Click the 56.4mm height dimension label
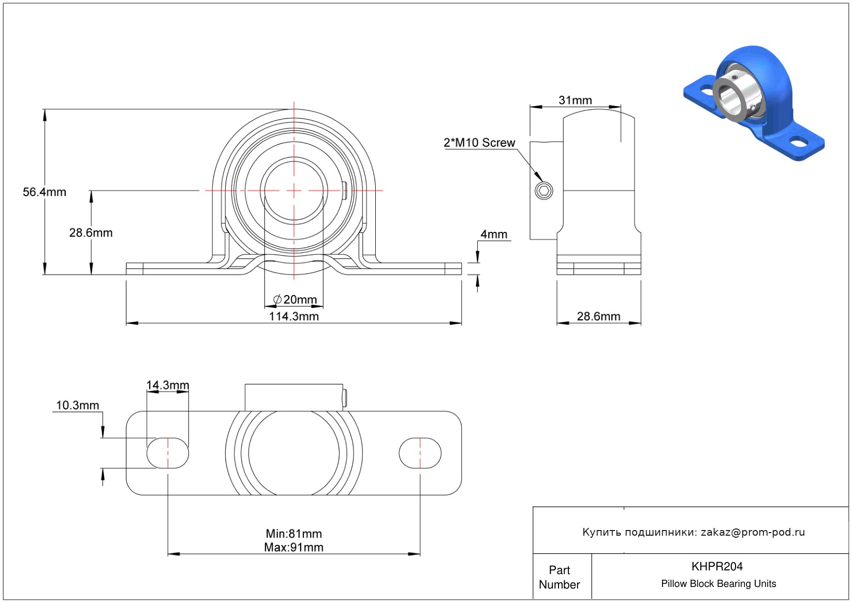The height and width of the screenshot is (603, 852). coord(45,192)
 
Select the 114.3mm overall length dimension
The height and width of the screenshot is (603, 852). coord(293,316)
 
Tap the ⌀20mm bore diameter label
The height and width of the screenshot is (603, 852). coord(295,300)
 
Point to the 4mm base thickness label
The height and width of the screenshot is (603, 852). coord(493,234)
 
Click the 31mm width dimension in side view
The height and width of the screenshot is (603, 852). coord(575,100)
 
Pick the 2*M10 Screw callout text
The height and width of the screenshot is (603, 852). coord(479,143)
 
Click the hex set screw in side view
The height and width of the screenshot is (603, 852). coord(543,191)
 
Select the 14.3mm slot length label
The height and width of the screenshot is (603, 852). coord(167,385)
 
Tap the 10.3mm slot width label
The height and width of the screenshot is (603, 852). coord(77,405)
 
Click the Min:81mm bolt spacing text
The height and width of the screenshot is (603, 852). coord(293,534)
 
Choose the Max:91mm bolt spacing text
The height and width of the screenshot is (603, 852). coord(293,548)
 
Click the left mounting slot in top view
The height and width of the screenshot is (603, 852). coord(167,453)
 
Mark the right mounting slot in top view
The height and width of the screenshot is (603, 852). coord(420,453)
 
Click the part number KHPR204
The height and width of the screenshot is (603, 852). coord(717,567)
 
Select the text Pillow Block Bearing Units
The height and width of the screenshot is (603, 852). coord(718,584)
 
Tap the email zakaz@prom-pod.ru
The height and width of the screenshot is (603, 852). coord(753,532)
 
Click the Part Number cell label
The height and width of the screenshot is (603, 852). coord(559,577)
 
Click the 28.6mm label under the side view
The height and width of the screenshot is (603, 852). coord(598,316)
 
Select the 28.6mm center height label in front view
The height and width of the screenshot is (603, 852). coord(91,233)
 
